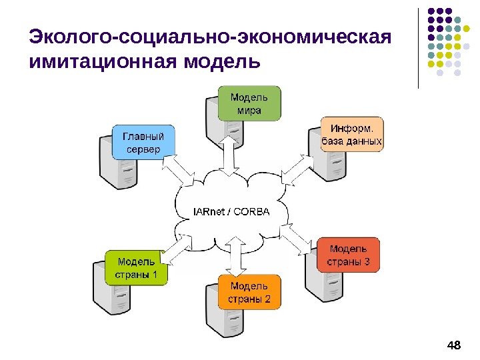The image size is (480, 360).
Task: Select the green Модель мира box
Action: coord(249,103)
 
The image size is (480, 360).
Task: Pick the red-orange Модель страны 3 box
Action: coord(349,255)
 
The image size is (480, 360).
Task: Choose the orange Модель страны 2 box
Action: coord(249,293)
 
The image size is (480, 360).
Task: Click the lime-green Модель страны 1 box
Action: coord(137,267)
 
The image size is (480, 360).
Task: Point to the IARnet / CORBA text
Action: coord(231,213)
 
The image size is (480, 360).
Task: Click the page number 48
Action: coord(454,345)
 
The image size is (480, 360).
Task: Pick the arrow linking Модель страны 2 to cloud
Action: coord(234,257)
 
